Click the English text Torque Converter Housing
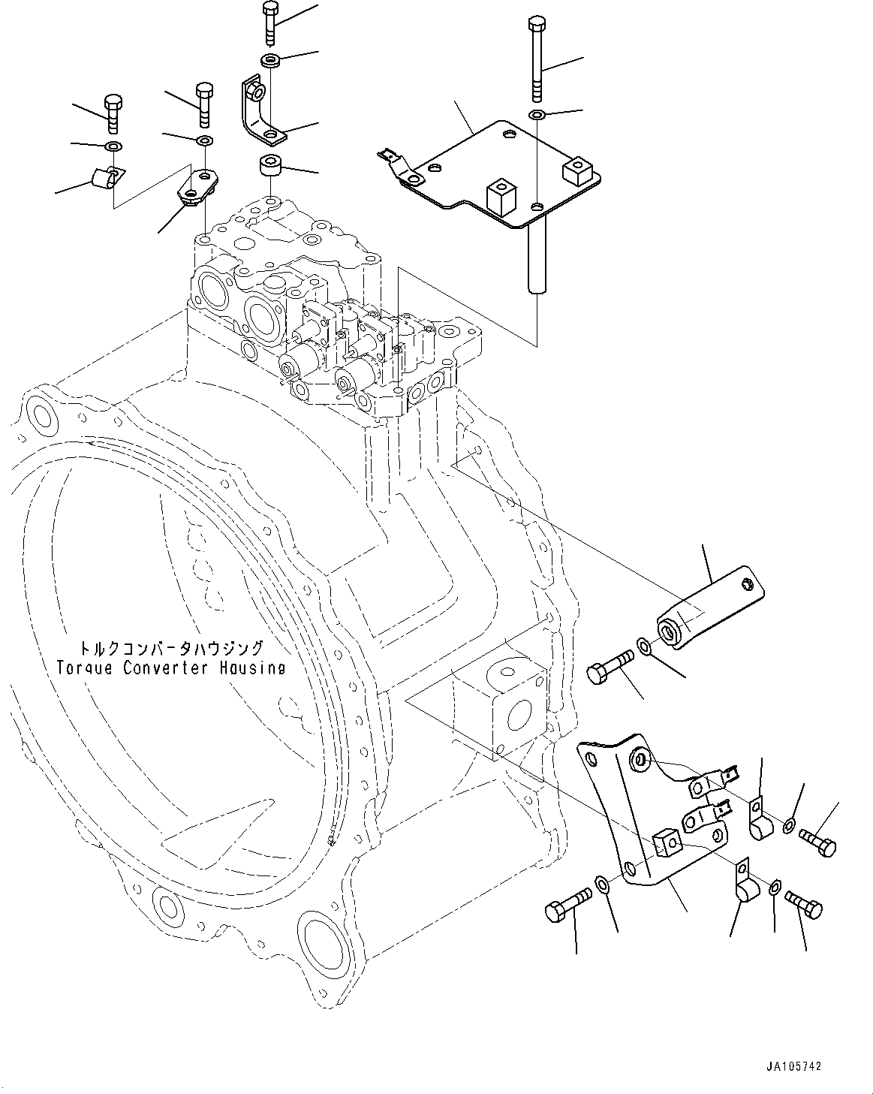171,668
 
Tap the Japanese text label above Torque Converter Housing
171,648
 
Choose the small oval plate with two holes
198,185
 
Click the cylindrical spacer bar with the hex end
709,605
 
